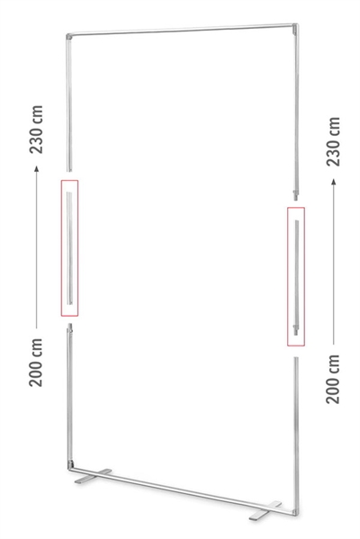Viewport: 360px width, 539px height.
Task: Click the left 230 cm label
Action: (36, 130)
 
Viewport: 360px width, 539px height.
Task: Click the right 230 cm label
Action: (333, 141)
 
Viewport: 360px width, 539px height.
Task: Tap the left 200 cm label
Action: (36, 363)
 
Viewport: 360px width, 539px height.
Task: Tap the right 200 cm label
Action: (332, 379)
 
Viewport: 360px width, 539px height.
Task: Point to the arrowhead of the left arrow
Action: (36, 168)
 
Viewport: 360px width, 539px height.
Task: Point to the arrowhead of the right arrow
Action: (334, 182)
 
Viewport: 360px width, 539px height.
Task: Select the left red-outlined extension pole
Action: (69, 247)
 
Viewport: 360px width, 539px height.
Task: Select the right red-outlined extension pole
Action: (296, 277)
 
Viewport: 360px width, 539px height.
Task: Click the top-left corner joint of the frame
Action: (68, 36)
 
